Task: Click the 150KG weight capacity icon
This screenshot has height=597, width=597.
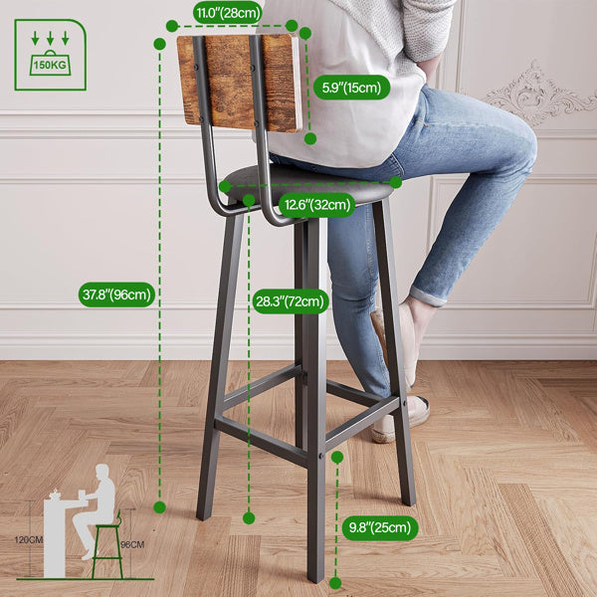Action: (50, 55)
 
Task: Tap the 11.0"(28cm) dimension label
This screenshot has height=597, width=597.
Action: (228, 13)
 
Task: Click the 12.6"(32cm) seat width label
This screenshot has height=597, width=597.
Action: (316, 206)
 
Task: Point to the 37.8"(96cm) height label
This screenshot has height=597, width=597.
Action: (117, 294)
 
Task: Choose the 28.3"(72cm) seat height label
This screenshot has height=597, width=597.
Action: (290, 301)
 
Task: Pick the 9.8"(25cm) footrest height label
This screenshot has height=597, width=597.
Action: (378, 528)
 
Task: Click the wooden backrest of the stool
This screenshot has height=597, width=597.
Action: (239, 82)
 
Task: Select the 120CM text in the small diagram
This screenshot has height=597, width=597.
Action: (29, 540)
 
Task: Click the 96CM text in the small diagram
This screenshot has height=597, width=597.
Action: (133, 544)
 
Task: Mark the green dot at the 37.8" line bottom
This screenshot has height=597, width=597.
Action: (159, 507)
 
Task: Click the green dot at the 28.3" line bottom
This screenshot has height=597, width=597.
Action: (248, 517)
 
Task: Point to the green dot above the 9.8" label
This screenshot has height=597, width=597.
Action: (337, 457)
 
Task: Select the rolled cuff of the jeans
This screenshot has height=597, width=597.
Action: (428, 296)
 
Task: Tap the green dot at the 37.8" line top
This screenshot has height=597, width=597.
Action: (159, 43)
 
